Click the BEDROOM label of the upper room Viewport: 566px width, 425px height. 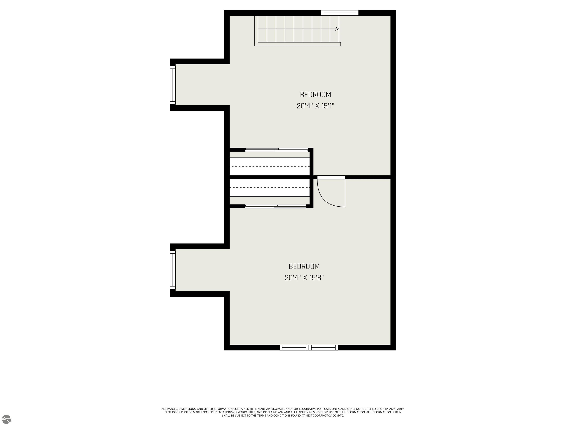[x=315, y=94]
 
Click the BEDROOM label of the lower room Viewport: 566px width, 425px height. [x=304, y=266]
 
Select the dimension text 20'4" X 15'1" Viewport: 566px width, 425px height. [x=315, y=106]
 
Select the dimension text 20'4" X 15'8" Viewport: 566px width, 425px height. [x=304, y=278]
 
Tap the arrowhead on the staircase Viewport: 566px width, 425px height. [x=337, y=29]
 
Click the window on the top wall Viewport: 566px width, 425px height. [x=340, y=13]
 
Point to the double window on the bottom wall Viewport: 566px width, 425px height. [x=309, y=347]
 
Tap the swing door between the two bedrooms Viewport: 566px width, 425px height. [x=331, y=191]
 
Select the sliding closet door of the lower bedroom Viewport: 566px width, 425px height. [x=276, y=206]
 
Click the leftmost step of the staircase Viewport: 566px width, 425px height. [x=262, y=29]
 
